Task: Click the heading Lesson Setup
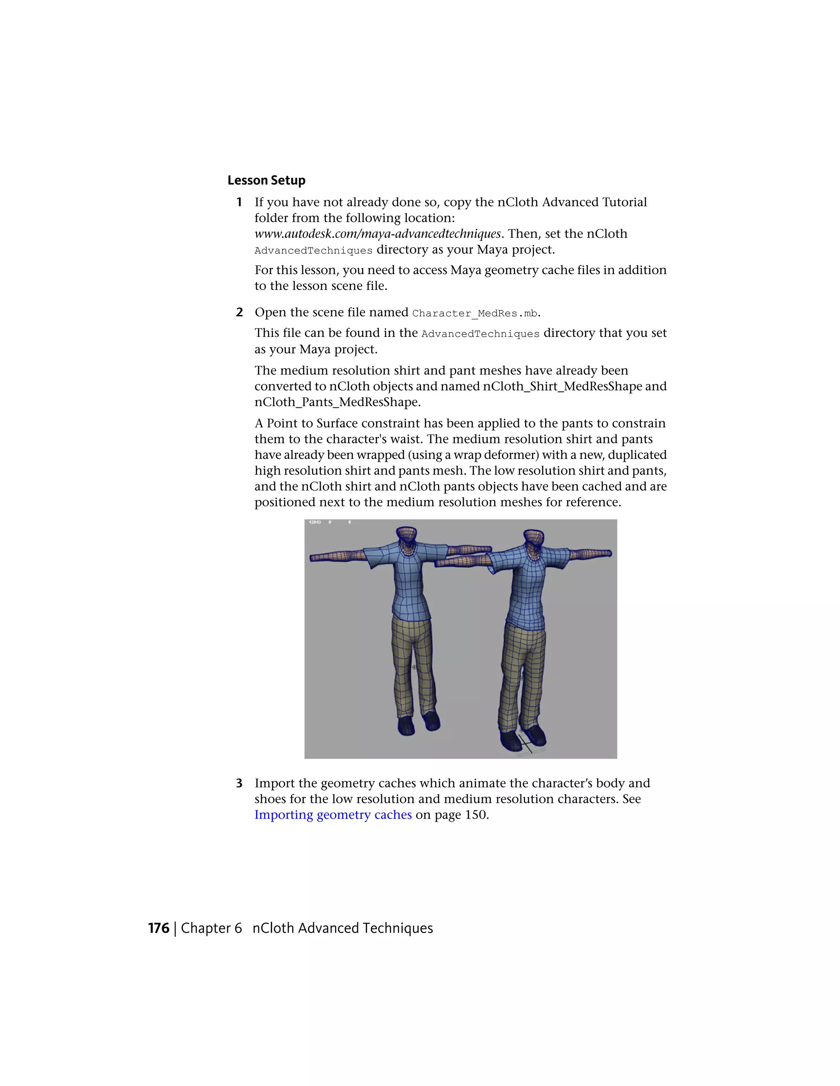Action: tap(266, 180)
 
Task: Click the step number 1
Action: tap(239, 202)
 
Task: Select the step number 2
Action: tap(240, 312)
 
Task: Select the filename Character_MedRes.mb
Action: tap(475, 313)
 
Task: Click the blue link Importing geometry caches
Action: tap(333, 815)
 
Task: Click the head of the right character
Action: tap(534, 540)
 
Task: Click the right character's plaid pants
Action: tap(523, 671)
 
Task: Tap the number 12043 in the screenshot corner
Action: tap(315, 523)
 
